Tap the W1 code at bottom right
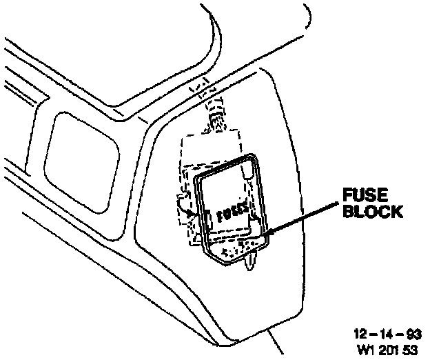pyautogui.click(x=365, y=350)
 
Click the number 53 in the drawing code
pyautogui.click(x=413, y=350)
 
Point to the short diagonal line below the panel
pyautogui.click(x=276, y=343)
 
